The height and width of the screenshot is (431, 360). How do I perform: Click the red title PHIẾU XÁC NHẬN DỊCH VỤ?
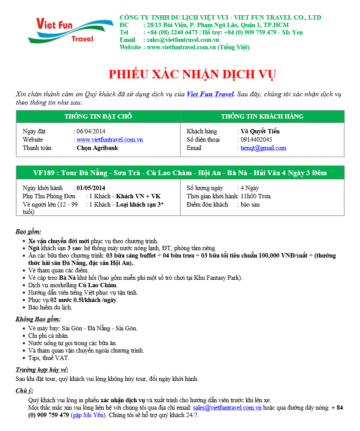point(192,74)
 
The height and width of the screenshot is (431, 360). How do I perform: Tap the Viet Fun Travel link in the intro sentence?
point(210,94)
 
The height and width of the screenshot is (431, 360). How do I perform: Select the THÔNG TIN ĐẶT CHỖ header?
point(98,116)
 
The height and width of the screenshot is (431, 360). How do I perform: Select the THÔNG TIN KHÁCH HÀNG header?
point(262,116)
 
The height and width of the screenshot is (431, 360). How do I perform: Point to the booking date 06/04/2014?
point(91,131)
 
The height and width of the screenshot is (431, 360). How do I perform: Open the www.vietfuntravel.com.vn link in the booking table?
point(110,139)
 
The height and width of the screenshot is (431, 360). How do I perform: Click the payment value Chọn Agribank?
point(97,148)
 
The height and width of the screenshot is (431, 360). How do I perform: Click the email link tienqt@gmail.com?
point(263,148)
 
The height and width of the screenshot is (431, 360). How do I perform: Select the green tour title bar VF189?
point(180,173)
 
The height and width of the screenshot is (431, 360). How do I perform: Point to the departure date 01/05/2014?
point(91,188)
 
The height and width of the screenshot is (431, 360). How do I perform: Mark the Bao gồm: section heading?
point(28,231)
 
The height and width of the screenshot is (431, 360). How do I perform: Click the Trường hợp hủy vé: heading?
point(42,370)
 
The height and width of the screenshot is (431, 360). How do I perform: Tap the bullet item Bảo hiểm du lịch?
point(50,307)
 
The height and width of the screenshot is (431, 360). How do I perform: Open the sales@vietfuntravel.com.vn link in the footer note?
point(227,407)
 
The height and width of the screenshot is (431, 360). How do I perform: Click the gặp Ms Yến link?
point(88,415)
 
